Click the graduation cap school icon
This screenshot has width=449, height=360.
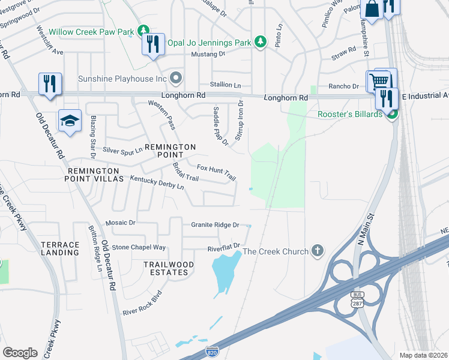(70, 121)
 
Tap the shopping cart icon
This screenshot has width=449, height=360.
(379, 80)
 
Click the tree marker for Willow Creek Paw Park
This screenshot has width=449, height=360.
(143, 30)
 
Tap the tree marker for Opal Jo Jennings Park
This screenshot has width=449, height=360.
(260, 41)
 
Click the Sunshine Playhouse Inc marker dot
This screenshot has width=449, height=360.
(176, 78)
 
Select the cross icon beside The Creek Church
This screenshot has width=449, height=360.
(318, 251)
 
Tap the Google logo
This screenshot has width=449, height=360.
(20, 352)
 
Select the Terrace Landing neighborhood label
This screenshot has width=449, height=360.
(60, 248)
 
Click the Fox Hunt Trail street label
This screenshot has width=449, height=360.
(217, 172)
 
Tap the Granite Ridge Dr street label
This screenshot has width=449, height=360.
(215, 225)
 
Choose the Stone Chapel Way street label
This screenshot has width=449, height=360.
(139, 247)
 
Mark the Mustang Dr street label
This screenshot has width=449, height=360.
(208, 53)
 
